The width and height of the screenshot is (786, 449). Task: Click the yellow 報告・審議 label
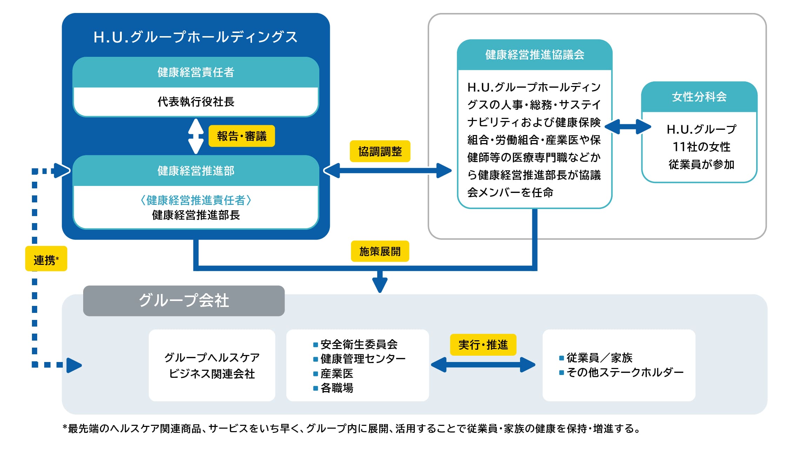coord(241,136)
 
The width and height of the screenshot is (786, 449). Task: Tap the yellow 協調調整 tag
coord(380,152)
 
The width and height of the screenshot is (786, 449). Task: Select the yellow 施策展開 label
coord(380,251)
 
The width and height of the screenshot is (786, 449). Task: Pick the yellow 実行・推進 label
coord(483,345)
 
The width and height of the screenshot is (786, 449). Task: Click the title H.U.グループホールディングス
coord(195,37)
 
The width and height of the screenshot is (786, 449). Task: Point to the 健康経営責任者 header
coord(196,72)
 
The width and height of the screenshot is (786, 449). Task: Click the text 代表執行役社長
coord(196,102)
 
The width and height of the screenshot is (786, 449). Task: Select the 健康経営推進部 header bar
coord(196,171)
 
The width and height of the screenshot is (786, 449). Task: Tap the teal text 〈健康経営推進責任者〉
coord(196,200)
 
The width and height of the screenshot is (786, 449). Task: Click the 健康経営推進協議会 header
coord(534,55)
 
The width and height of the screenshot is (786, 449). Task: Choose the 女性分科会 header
coord(699,97)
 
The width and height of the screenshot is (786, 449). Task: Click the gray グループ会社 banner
coord(184,301)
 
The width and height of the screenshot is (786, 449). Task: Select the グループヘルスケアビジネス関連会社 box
coord(212,365)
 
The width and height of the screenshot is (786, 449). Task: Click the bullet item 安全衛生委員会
coord(359,344)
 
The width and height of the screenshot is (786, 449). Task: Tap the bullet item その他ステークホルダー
coord(625,372)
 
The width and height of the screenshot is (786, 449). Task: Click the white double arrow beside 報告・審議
coord(196,136)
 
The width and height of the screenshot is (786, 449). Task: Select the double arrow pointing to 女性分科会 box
coord(628,127)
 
